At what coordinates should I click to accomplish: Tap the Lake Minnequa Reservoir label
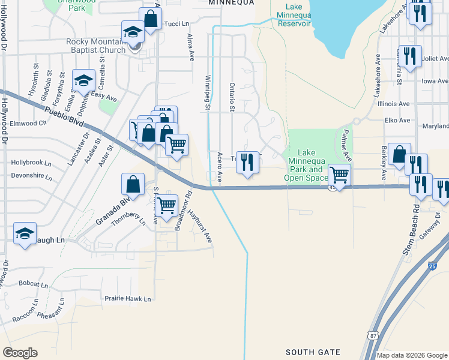tap(290, 15)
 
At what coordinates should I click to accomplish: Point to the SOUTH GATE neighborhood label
tap(313, 352)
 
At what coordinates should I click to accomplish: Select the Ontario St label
tap(231, 97)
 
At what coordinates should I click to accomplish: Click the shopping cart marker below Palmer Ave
tap(339, 175)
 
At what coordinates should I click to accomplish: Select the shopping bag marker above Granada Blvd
tap(133, 184)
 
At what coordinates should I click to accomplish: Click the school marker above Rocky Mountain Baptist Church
tap(133, 32)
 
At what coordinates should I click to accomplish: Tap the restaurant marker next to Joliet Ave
tap(410, 56)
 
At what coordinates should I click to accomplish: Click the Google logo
tap(20, 353)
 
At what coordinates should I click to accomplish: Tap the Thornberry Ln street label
tap(128, 219)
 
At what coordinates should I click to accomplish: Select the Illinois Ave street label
tap(394, 103)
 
